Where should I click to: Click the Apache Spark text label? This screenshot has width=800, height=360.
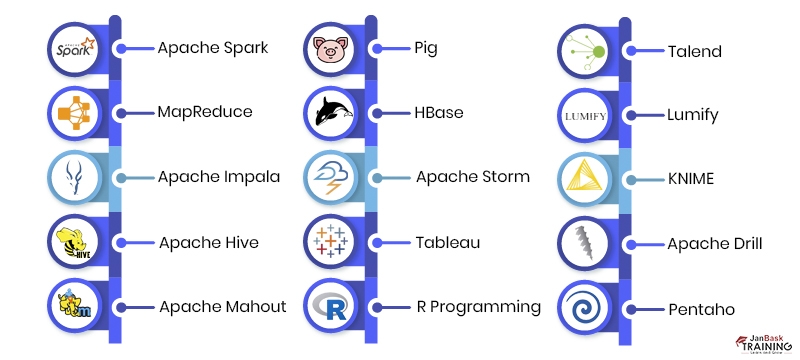click(x=212, y=48)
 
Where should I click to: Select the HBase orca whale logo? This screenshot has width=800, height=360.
click(x=331, y=113)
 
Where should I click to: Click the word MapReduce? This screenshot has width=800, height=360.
click(x=204, y=113)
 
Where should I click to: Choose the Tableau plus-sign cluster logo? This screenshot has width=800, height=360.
click(x=331, y=242)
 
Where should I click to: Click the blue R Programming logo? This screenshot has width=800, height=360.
click(x=331, y=306)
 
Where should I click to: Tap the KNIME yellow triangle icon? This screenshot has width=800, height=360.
click(x=585, y=178)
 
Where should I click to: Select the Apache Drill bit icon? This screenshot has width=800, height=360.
click(x=585, y=242)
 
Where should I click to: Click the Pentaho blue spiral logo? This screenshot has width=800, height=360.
click(x=585, y=306)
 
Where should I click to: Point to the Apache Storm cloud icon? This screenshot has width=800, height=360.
click(x=331, y=178)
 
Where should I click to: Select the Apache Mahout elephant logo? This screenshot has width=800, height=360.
click(x=76, y=306)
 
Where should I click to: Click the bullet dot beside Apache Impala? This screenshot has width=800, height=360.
click(x=121, y=178)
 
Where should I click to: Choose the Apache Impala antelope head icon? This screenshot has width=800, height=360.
click(x=76, y=178)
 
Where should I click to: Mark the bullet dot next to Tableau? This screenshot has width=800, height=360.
click(x=375, y=242)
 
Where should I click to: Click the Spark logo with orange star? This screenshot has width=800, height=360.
click(x=76, y=48)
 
